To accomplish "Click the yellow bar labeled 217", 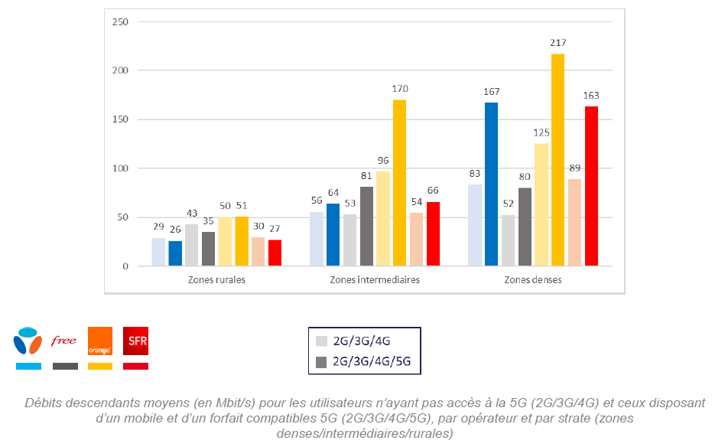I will tap(558, 160).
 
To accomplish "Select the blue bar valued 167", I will tap(491, 184).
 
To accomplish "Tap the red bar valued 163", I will tap(591, 186).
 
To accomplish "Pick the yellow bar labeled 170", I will tap(399, 183).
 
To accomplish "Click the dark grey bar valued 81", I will tap(366, 227).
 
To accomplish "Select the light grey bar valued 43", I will tap(191, 245).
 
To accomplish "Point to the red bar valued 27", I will tap(275, 253).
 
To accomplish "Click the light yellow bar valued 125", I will tap(541, 205).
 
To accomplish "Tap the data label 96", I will tap(382, 161).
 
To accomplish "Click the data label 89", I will tap(574, 168).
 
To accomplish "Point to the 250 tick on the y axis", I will tap(119, 21).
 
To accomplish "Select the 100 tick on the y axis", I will tap(119, 168).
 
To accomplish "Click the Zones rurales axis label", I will tap(216, 280).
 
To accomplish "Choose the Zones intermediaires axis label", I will tap(375, 280).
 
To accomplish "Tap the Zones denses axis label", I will tap(533, 280).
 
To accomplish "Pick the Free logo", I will tap(63, 341).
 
